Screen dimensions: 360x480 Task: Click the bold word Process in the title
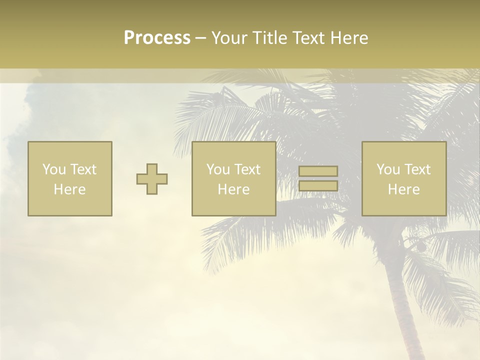point(157,38)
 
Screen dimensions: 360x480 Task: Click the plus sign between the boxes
point(152,179)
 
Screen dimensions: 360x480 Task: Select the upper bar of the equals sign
point(318,171)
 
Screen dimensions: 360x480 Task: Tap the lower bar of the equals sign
point(318,185)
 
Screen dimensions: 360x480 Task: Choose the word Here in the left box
point(69,189)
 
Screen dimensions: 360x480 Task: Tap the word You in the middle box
point(218,169)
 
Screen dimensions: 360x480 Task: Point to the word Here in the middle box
point(233,189)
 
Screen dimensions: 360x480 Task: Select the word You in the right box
point(388,169)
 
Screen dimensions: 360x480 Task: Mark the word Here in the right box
point(403,189)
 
